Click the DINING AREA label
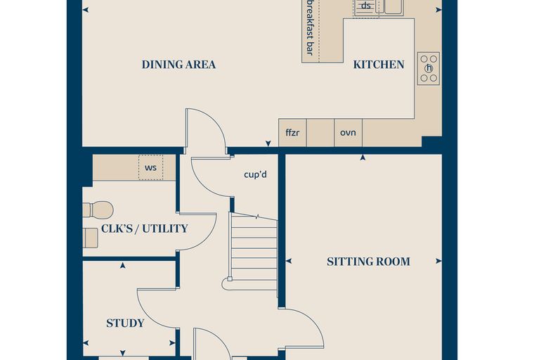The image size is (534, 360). [178, 65]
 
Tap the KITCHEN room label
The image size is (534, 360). [379, 65]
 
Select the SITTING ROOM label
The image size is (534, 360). [368, 262]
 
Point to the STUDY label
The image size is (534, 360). [125, 323]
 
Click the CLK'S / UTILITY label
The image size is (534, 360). [145, 229]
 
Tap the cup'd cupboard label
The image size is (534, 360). [256, 174]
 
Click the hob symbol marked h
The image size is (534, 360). [429, 68]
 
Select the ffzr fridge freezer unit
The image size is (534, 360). [292, 133]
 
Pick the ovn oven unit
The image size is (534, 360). [348, 133]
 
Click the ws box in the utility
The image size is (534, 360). [150, 167]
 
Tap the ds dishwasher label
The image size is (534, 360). [365, 6]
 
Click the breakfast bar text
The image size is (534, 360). [309, 27]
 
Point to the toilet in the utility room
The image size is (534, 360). [98, 210]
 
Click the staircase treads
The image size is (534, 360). [254, 252]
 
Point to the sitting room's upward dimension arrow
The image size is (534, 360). [363, 157]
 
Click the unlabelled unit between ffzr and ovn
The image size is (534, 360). [320, 133]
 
